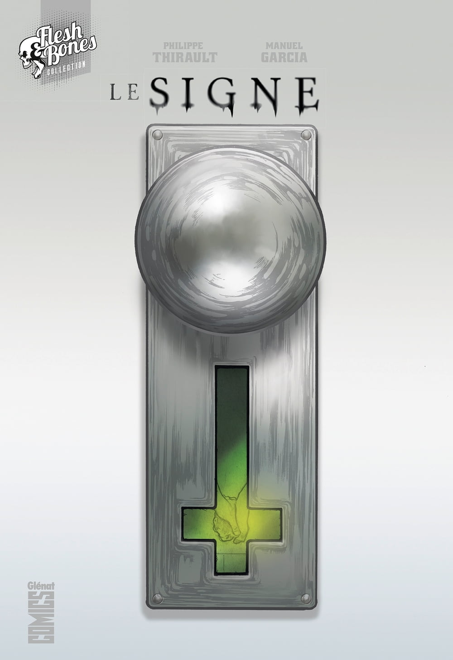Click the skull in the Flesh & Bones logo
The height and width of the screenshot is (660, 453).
29,59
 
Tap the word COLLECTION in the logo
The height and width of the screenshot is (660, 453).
66,68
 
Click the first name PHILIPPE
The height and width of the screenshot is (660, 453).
183,46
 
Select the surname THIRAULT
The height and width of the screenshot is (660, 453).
185,57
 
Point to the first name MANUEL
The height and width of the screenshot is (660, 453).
284,46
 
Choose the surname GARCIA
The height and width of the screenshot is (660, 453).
284,57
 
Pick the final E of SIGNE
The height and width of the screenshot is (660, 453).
307,94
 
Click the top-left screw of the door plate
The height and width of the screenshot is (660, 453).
158,135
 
